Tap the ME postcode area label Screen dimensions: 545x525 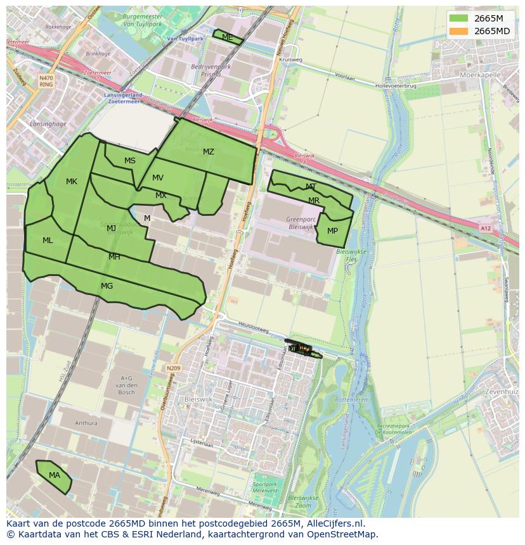point(227,37)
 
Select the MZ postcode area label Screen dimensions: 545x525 point(209,152)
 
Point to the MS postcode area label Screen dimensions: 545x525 point(130,161)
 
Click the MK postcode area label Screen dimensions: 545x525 point(72,182)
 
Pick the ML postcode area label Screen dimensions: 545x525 point(48,241)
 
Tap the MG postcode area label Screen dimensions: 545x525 point(107,286)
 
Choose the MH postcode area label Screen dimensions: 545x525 point(114,257)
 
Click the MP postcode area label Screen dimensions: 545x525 point(332,231)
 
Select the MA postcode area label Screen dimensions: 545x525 point(55,475)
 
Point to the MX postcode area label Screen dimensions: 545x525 point(161,196)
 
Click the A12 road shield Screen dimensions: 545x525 point(485,229)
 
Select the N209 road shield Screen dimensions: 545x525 point(173,368)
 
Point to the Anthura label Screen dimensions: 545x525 point(86,423)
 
